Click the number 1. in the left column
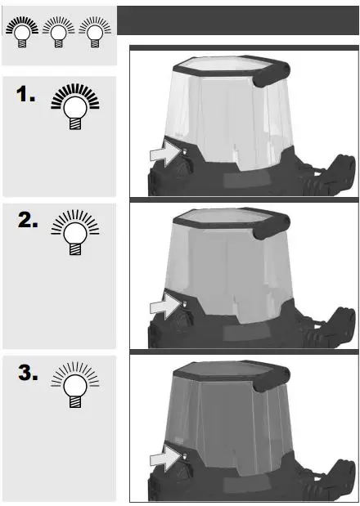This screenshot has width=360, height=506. click(25, 96)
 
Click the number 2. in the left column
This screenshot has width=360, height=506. click(27, 222)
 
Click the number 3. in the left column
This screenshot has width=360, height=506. click(27, 374)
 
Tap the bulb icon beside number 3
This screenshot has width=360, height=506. click(74, 383)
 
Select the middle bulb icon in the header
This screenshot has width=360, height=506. click(60, 33)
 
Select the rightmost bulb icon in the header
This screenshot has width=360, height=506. click(96, 33)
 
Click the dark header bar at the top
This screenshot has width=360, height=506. click(237, 20)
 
